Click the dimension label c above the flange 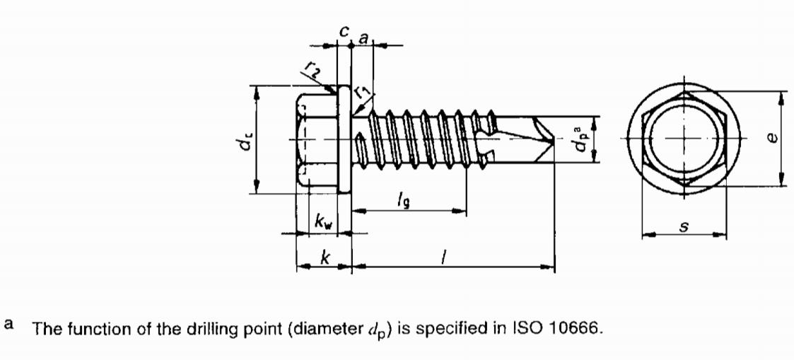(x=343, y=32)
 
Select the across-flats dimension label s (x=684, y=226)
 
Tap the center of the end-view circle (x=683, y=138)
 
